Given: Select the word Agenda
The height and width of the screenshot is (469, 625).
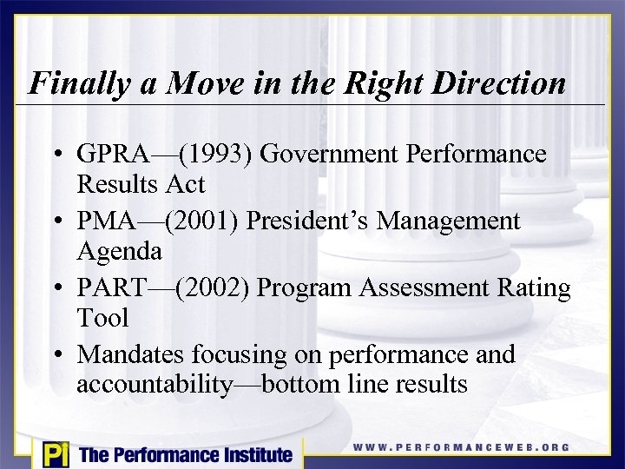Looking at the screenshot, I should (120, 251).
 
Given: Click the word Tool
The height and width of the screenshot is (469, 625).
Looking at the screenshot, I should (102, 318).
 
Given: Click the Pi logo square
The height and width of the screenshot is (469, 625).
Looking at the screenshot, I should (54, 453).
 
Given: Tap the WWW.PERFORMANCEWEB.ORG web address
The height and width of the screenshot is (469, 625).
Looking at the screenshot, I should (461, 447).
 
